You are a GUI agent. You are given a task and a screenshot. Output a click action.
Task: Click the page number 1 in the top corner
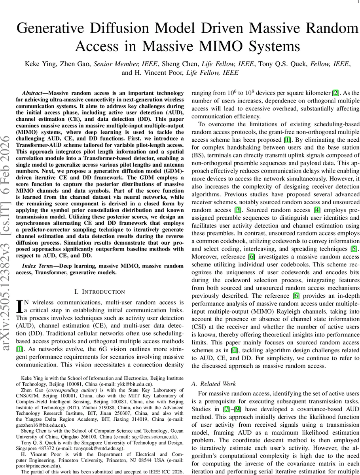358,2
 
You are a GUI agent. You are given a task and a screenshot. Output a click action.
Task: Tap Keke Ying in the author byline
41,64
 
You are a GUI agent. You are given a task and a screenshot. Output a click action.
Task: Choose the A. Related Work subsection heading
213,384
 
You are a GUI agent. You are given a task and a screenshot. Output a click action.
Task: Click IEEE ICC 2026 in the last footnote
163,472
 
